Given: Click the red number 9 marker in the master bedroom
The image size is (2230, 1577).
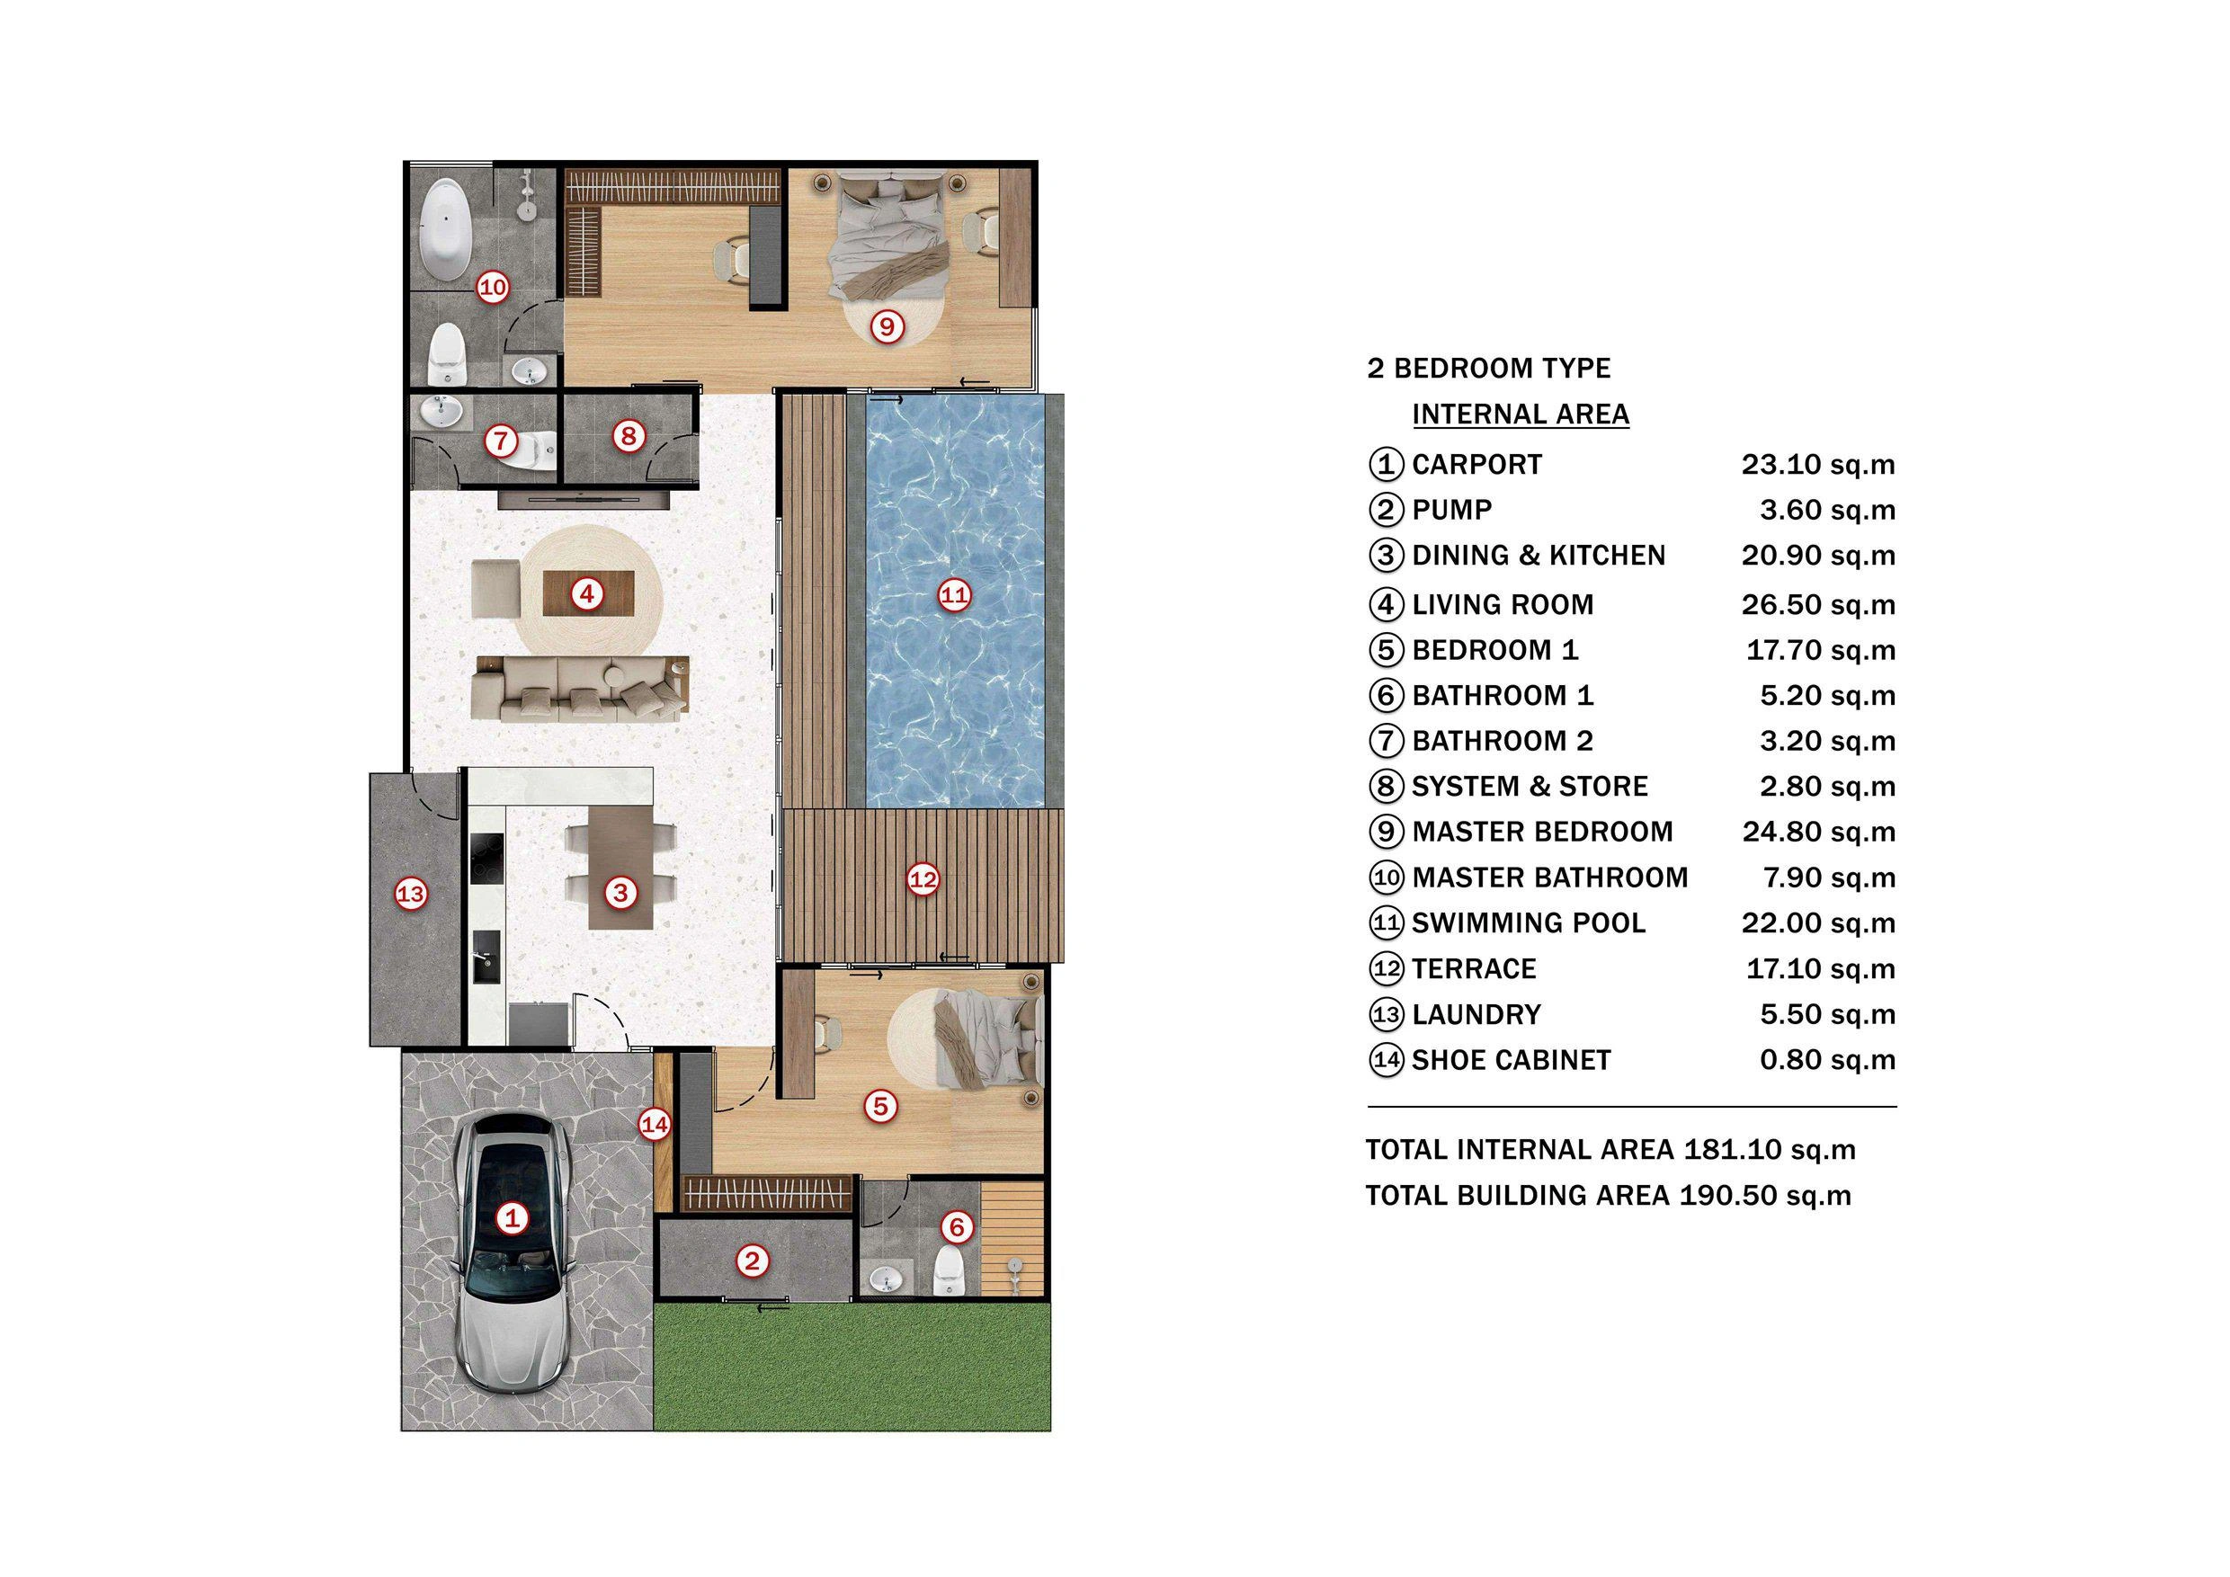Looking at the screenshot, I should coord(886,326).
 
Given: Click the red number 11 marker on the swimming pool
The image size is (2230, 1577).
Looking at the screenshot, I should coord(954,594).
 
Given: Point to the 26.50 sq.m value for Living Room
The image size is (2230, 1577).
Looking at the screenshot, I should coord(1817,605).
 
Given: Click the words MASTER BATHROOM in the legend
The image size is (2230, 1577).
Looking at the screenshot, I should coord(1549,878).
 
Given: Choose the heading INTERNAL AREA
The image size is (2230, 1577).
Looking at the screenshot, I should coord(1520,414).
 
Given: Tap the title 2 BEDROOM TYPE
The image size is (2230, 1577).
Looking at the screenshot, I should coord(1488,368).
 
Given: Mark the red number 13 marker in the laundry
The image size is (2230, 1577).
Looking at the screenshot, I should coord(411,894).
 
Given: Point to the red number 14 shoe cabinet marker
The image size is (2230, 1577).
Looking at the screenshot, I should coord(655,1126).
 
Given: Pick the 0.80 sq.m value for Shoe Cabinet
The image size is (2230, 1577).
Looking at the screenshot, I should coord(1827,1059).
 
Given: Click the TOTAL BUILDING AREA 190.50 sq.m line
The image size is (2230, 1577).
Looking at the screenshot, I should coord(1608,1196).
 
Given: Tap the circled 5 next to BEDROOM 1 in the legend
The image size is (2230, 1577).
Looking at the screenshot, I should coord(1386,651).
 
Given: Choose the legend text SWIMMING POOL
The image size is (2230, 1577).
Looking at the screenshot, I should coord(1528,923).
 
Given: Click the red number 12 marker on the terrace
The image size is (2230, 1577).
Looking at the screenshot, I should coord(923,880).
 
